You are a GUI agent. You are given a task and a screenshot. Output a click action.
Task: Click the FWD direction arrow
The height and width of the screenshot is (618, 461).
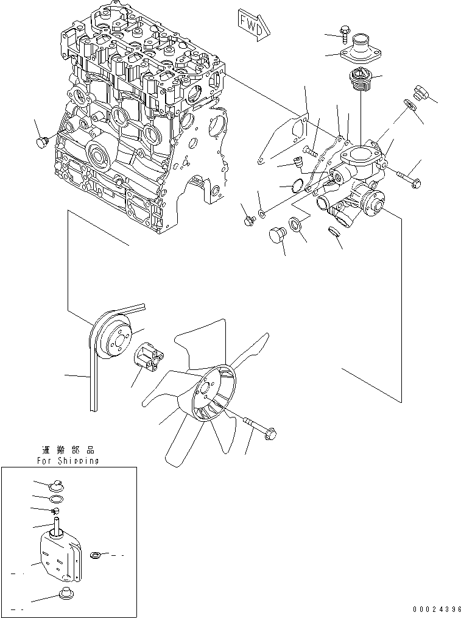coord(251,25)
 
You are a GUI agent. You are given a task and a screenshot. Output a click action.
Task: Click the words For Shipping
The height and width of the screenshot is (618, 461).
coord(68,461)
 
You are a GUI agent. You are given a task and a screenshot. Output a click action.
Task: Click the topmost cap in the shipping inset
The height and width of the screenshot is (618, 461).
coord(56,485)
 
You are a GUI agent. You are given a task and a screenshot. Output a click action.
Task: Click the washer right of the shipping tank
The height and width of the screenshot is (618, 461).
coord(96,555)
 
